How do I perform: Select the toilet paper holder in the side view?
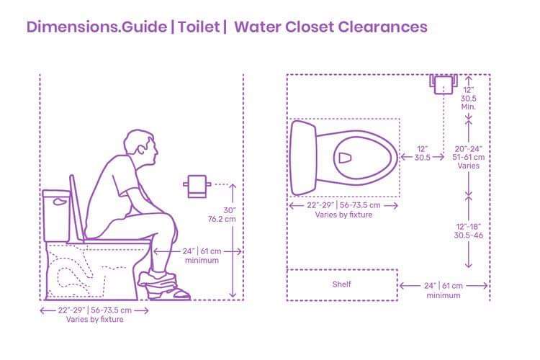196,186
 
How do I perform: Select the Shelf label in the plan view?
341,284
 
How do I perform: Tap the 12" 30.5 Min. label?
468,96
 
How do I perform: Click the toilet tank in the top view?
303,158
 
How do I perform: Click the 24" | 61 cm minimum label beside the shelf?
443,290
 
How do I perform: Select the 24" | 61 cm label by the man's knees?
202,255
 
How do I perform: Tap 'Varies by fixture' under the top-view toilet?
343,215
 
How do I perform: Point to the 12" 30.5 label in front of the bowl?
422,153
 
